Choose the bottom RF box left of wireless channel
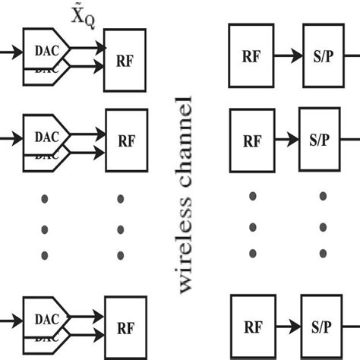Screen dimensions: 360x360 click(x=125, y=329)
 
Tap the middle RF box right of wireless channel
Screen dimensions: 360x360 click(x=251, y=141)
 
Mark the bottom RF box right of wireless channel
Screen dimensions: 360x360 click(x=251, y=328)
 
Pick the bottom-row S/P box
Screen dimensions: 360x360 click(x=325, y=328)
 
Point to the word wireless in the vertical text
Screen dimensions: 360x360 click(x=185, y=243)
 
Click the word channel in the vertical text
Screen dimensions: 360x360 click(x=185, y=144)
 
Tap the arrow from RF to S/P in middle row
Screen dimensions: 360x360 click(x=286, y=141)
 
